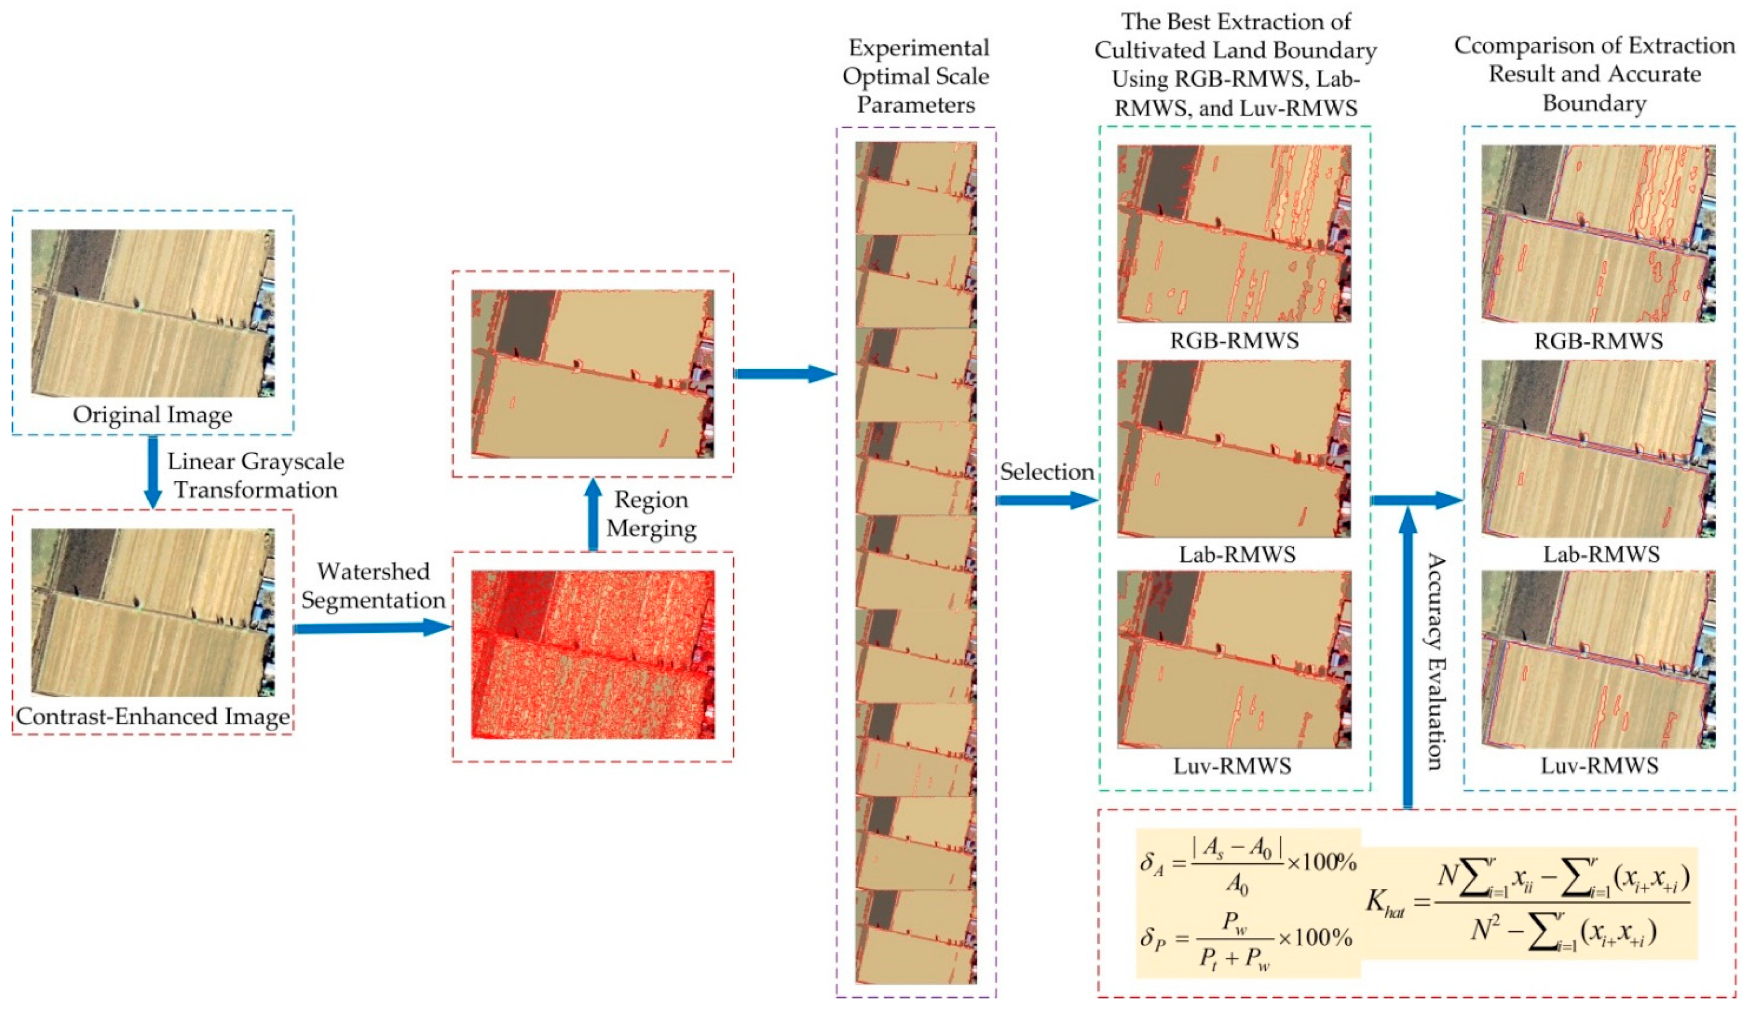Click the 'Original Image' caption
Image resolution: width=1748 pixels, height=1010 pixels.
tap(153, 415)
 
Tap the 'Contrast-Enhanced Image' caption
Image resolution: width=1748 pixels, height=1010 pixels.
tap(153, 716)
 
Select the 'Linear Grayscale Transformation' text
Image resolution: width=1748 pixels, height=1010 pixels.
tap(255, 475)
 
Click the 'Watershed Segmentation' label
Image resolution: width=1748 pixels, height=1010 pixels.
tap(373, 586)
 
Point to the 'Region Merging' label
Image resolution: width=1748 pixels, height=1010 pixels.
tap(650, 514)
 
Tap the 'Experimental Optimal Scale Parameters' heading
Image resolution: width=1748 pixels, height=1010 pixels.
tap(916, 76)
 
